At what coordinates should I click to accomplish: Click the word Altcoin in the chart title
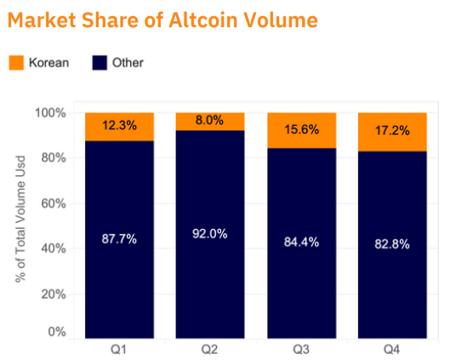click(203, 20)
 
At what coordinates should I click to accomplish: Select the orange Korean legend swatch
click(16, 63)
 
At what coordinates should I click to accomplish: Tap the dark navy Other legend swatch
click(100, 63)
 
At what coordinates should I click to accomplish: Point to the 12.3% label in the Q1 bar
click(119, 125)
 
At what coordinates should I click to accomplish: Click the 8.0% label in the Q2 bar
click(209, 120)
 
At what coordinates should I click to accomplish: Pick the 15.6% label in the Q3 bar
click(302, 129)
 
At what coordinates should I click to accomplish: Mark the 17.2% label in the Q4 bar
click(392, 131)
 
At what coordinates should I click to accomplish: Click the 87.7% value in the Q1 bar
click(119, 238)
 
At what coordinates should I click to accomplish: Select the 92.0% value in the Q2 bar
click(210, 233)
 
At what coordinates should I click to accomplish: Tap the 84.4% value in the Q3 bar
click(301, 242)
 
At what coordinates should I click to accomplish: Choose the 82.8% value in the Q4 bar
click(392, 244)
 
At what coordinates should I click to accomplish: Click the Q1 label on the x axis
click(118, 350)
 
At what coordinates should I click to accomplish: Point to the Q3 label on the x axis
click(301, 350)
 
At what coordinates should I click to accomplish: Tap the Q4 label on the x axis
click(392, 350)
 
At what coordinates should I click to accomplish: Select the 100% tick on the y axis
click(50, 113)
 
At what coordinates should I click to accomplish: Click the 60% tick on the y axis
click(54, 203)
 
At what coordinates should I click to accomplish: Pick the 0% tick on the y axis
click(57, 332)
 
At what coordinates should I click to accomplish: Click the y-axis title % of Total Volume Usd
click(20, 219)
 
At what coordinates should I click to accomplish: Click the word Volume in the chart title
click(281, 20)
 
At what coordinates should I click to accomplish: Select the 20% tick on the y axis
click(54, 294)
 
